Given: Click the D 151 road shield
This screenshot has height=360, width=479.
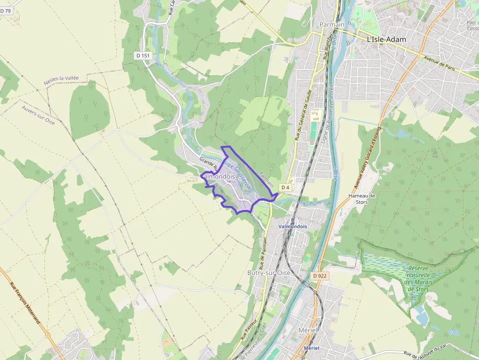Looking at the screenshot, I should pyautogui.click(x=143, y=56).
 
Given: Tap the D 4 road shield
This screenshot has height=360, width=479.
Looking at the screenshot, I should pyautogui.click(x=285, y=188).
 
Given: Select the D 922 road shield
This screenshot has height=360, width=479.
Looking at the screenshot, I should pyautogui.click(x=319, y=276).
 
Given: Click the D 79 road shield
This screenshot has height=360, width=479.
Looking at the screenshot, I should pyautogui.click(x=5, y=10).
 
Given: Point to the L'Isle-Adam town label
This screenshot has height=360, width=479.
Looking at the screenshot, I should pyautogui.click(x=386, y=39).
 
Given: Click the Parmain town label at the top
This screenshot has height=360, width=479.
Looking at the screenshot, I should pyautogui.click(x=332, y=24).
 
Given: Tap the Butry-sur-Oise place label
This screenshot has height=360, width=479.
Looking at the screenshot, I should pyautogui.click(x=269, y=273).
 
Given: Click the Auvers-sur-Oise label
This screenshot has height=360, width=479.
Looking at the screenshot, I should pyautogui.click(x=38, y=115).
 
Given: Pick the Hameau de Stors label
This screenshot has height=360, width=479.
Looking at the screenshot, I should pyautogui.click(x=362, y=198).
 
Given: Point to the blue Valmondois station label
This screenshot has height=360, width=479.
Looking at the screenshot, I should pyautogui.click(x=292, y=227).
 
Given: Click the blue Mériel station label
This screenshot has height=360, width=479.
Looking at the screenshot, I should pyautogui.click(x=311, y=348).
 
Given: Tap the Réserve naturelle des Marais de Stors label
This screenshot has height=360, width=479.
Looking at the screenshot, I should pyautogui.click(x=417, y=278).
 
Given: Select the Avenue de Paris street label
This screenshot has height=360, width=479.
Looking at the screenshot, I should pyautogui.click(x=439, y=64).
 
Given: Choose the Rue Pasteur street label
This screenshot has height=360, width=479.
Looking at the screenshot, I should pyautogui.click(x=249, y=326).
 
